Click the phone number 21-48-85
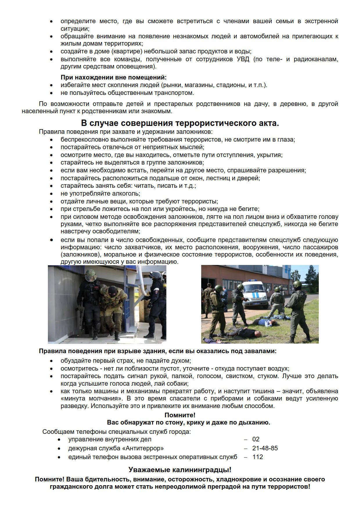point(265,448)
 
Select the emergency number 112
point(258,457)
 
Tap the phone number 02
point(256,439)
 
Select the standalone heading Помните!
point(180,415)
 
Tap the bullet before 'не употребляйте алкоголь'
point(51,194)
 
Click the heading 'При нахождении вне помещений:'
point(114,77)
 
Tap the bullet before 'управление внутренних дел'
point(59,440)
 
